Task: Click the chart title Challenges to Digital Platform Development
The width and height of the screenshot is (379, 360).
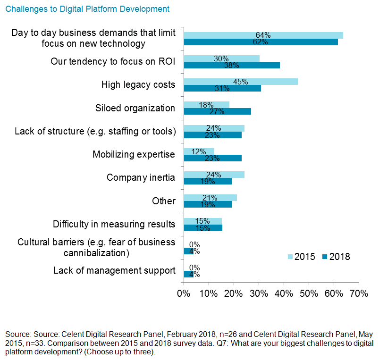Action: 87,9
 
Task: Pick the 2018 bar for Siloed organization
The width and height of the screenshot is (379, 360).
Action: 217,111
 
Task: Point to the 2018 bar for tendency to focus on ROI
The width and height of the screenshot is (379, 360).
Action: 231,65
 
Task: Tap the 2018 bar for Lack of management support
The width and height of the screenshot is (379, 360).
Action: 188,274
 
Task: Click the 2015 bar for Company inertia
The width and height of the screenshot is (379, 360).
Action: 214,175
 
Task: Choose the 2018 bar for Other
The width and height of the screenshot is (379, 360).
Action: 208,204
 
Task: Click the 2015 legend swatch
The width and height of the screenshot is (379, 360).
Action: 290,257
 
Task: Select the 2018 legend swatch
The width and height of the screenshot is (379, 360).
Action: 325,257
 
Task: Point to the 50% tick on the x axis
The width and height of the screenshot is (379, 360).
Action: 309,293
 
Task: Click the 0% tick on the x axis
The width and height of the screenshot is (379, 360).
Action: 184,293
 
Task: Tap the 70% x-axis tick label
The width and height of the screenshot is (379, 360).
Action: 359,293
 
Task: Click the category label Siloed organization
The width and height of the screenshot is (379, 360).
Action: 135,108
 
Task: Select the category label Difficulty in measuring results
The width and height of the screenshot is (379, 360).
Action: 114,224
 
